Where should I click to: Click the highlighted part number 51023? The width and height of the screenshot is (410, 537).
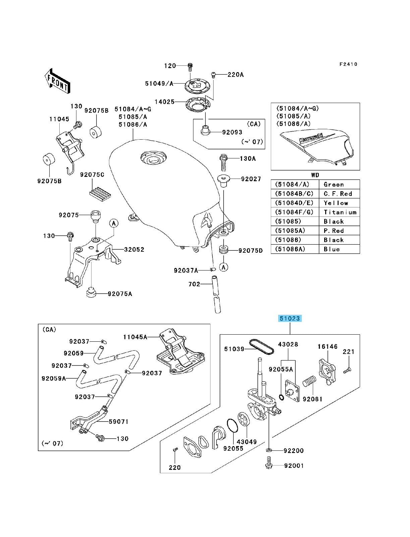tap(290, 318)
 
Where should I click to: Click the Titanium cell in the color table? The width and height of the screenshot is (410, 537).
tap(339, 212)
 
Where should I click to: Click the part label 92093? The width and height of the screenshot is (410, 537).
tap(232, 132)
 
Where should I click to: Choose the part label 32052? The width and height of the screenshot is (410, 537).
tap(134, 249)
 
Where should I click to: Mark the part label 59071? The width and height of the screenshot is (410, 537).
tap(118, 422)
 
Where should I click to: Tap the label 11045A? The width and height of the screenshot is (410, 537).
tap(135, 337)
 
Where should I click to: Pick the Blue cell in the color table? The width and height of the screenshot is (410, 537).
tap(339, 249)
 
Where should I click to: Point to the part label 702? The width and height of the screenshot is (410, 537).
tap(194, 284)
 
